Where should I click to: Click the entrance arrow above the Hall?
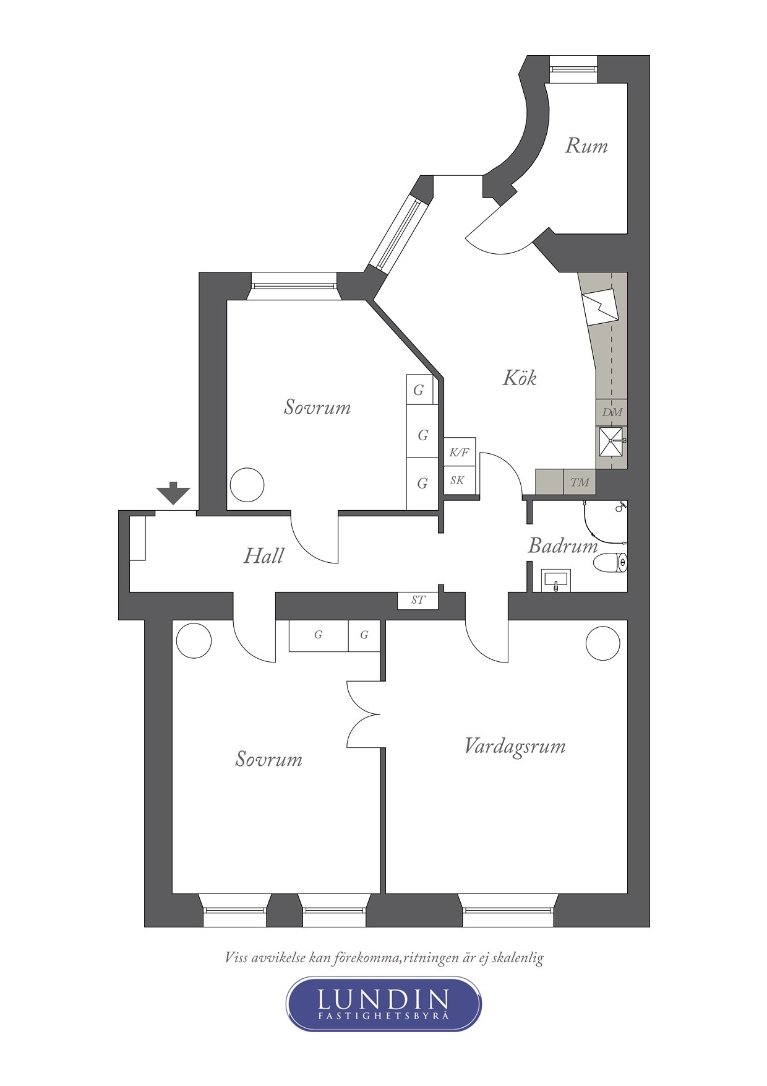[173, 493]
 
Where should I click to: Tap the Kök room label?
[520, 378]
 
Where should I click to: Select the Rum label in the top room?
[586, 146]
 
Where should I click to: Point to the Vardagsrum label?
[515, 746]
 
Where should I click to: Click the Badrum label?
[563, 545]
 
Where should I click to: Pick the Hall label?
[264, 555]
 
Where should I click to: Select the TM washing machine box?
[580, 482]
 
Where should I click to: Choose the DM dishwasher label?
[612, 412]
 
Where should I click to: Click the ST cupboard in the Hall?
[418, 600]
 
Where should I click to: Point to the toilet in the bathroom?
[611, 563]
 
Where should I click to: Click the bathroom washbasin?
[555, 580]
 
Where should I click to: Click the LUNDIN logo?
[383, 1004]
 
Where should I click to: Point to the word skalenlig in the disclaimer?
[518, 958]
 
